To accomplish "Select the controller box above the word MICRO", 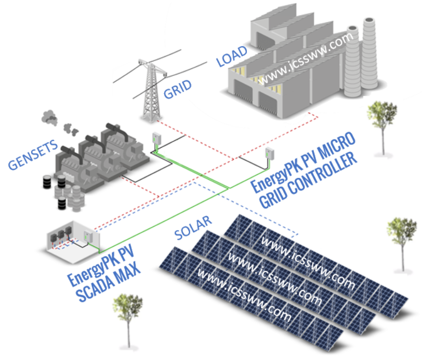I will pos(269,153).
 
